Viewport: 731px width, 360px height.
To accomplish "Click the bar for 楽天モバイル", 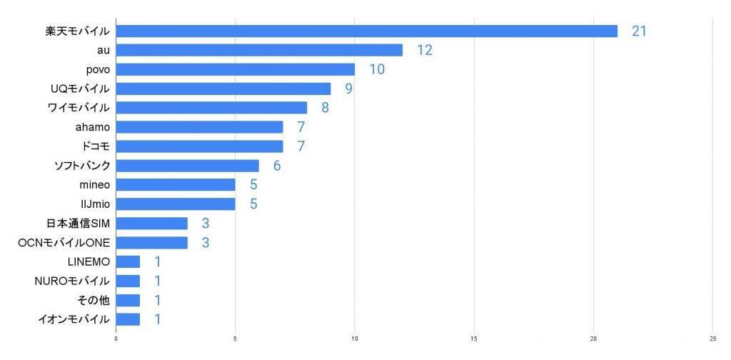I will pos(366,31).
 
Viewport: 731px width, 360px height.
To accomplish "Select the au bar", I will pos(259,50).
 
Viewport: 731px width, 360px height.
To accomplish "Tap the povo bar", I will pos(235,69).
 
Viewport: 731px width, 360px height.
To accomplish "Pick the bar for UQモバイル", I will pos(223,89).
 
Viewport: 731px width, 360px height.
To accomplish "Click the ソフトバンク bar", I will pos(187,166).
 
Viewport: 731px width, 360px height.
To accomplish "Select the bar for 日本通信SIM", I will pos(151,224).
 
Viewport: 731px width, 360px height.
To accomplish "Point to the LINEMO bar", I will pos(128,261).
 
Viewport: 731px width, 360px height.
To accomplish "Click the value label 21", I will pos(639,31).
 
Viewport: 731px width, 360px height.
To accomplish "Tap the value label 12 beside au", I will pos(425,50).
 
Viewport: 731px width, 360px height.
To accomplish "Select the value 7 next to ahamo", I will pos(301,127).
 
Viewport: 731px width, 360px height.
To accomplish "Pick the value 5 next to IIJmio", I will pos(253,204).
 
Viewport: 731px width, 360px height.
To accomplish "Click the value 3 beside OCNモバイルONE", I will pos(206,242).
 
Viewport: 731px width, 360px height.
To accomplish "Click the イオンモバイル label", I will pos(74,319).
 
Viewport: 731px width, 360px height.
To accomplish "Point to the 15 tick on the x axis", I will pos(474,338).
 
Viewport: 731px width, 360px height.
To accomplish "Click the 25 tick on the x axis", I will pos(712,338).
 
